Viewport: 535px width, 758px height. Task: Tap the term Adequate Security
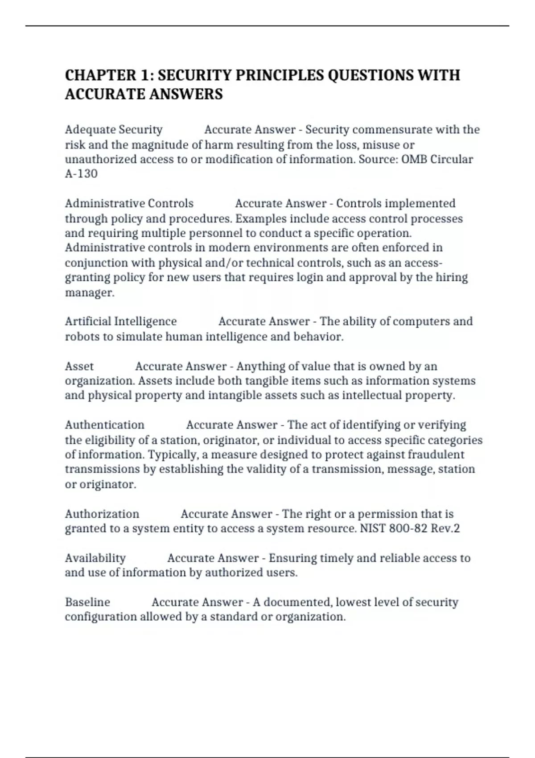114,130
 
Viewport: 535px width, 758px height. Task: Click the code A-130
81,173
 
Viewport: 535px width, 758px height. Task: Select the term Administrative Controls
129,203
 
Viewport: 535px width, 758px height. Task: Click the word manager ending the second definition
90,292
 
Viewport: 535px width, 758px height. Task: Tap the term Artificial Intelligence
121,321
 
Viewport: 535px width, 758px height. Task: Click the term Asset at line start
79,367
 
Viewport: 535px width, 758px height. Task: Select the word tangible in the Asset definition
252,381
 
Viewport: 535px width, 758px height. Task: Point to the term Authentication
105,425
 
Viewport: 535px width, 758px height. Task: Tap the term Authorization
102,514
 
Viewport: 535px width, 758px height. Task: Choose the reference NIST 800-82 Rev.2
410,528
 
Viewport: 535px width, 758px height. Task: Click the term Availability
95,558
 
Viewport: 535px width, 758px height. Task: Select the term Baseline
87,602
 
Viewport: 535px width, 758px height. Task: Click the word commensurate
392,130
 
